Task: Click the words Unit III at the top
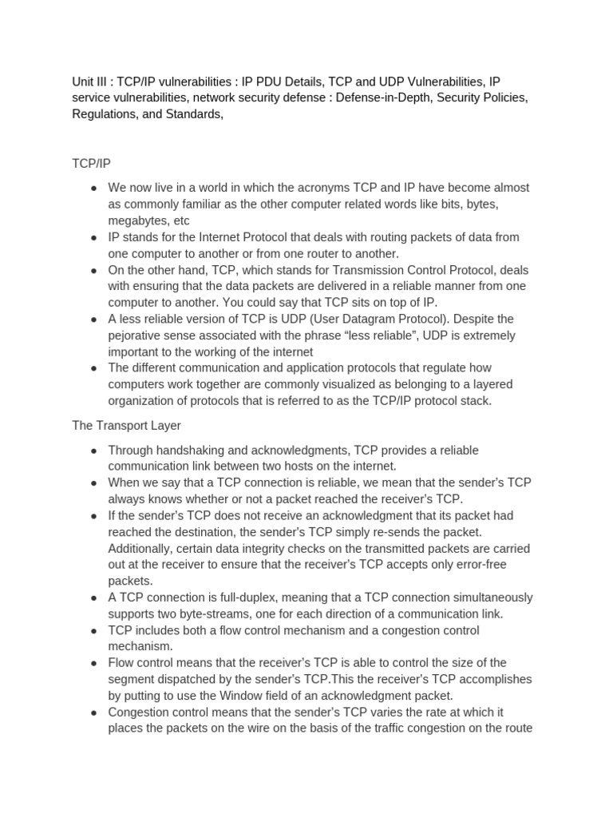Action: point(89,81)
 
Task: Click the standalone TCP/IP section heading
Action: point(92,163)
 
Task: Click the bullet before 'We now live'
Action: point(94,188)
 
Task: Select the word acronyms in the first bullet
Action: point(324,188)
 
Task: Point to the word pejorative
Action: point(137,336)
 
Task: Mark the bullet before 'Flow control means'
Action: point(94,663)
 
